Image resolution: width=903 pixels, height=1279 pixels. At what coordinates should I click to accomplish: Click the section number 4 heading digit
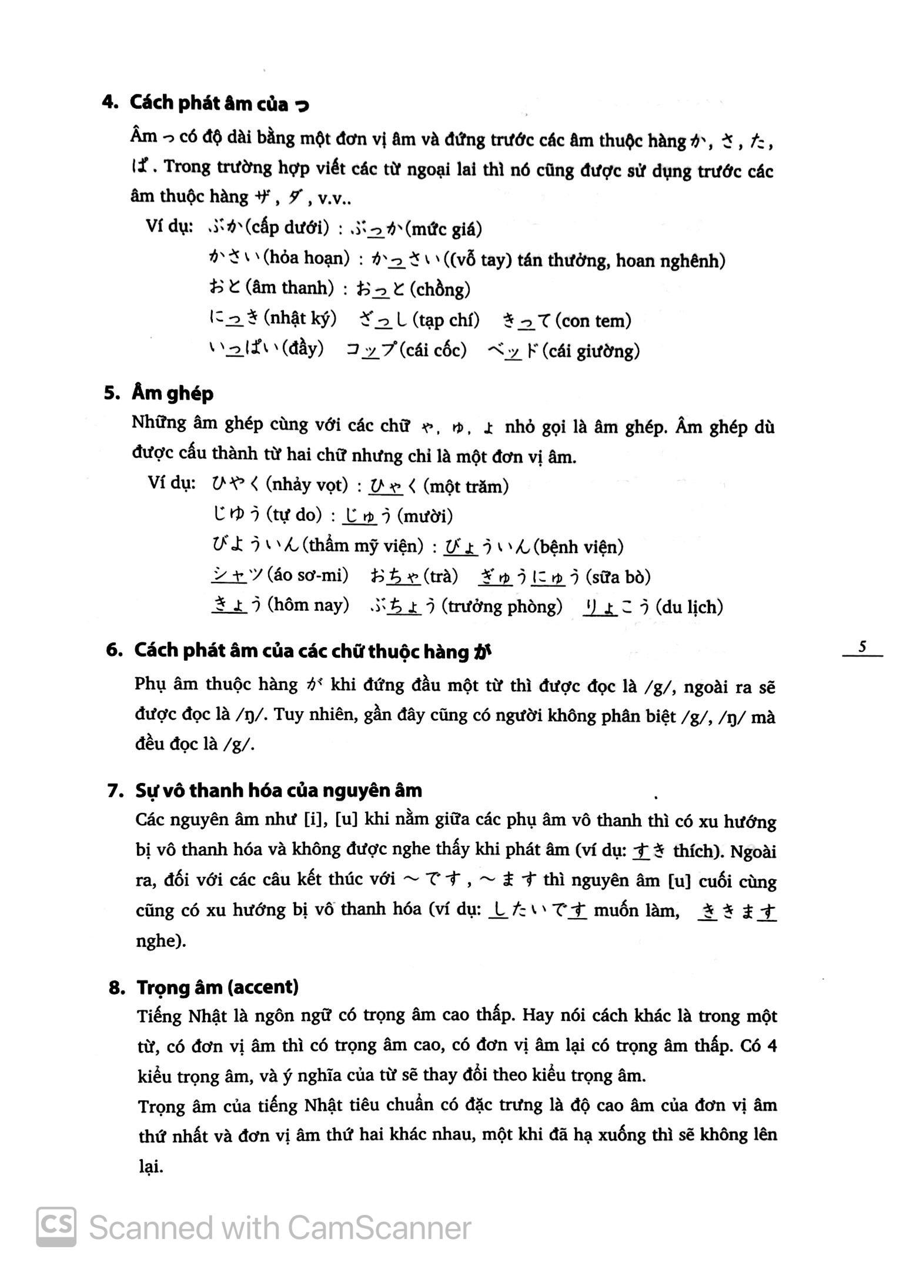108,103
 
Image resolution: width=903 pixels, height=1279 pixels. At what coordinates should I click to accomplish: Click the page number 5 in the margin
862,647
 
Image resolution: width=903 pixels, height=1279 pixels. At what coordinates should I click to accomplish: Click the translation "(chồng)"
440,289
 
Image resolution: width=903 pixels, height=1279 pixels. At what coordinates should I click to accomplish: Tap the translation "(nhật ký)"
300,319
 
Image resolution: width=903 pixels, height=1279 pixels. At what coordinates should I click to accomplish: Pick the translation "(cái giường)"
591,351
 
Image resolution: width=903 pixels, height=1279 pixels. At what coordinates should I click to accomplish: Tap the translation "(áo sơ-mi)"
307,575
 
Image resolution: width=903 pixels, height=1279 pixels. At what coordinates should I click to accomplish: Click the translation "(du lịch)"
689,607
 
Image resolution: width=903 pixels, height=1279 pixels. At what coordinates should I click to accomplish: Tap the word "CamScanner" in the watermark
379,1228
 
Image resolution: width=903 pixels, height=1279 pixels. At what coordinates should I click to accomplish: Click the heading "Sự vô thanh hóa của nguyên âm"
279,791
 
